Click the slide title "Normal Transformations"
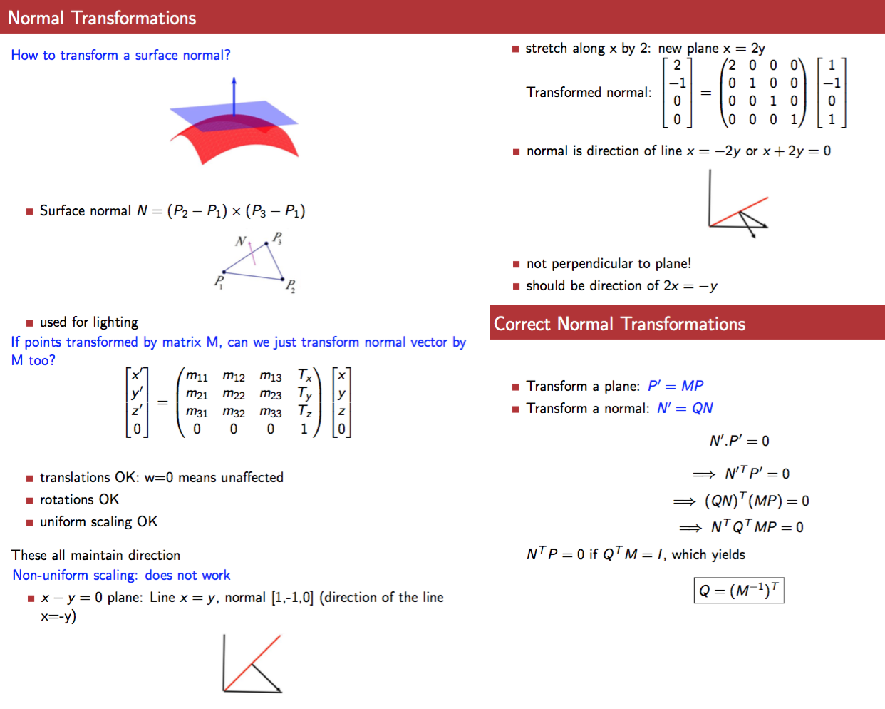click(102, 18)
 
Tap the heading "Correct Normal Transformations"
click(619, 325)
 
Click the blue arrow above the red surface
click(234, 96)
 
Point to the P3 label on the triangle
click(277, 238)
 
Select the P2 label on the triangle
click(291, 286)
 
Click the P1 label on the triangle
click(219, 282)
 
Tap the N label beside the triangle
click(241, 241)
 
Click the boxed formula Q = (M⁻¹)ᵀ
click(739, 591)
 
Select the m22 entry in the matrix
click(234, 394)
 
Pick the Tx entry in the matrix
click(305, 375)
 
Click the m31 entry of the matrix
click(197, 412)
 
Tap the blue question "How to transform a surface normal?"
click(120, 56)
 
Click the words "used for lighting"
click(89, 322)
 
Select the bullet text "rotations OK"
click(79, 500)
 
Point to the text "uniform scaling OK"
click(98, 522)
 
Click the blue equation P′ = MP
click(676, 386)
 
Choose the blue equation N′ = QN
click(685, 408)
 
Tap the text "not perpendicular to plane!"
click(609, 264)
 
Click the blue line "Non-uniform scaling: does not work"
click(121, 576)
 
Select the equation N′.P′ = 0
click(739, 441)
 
